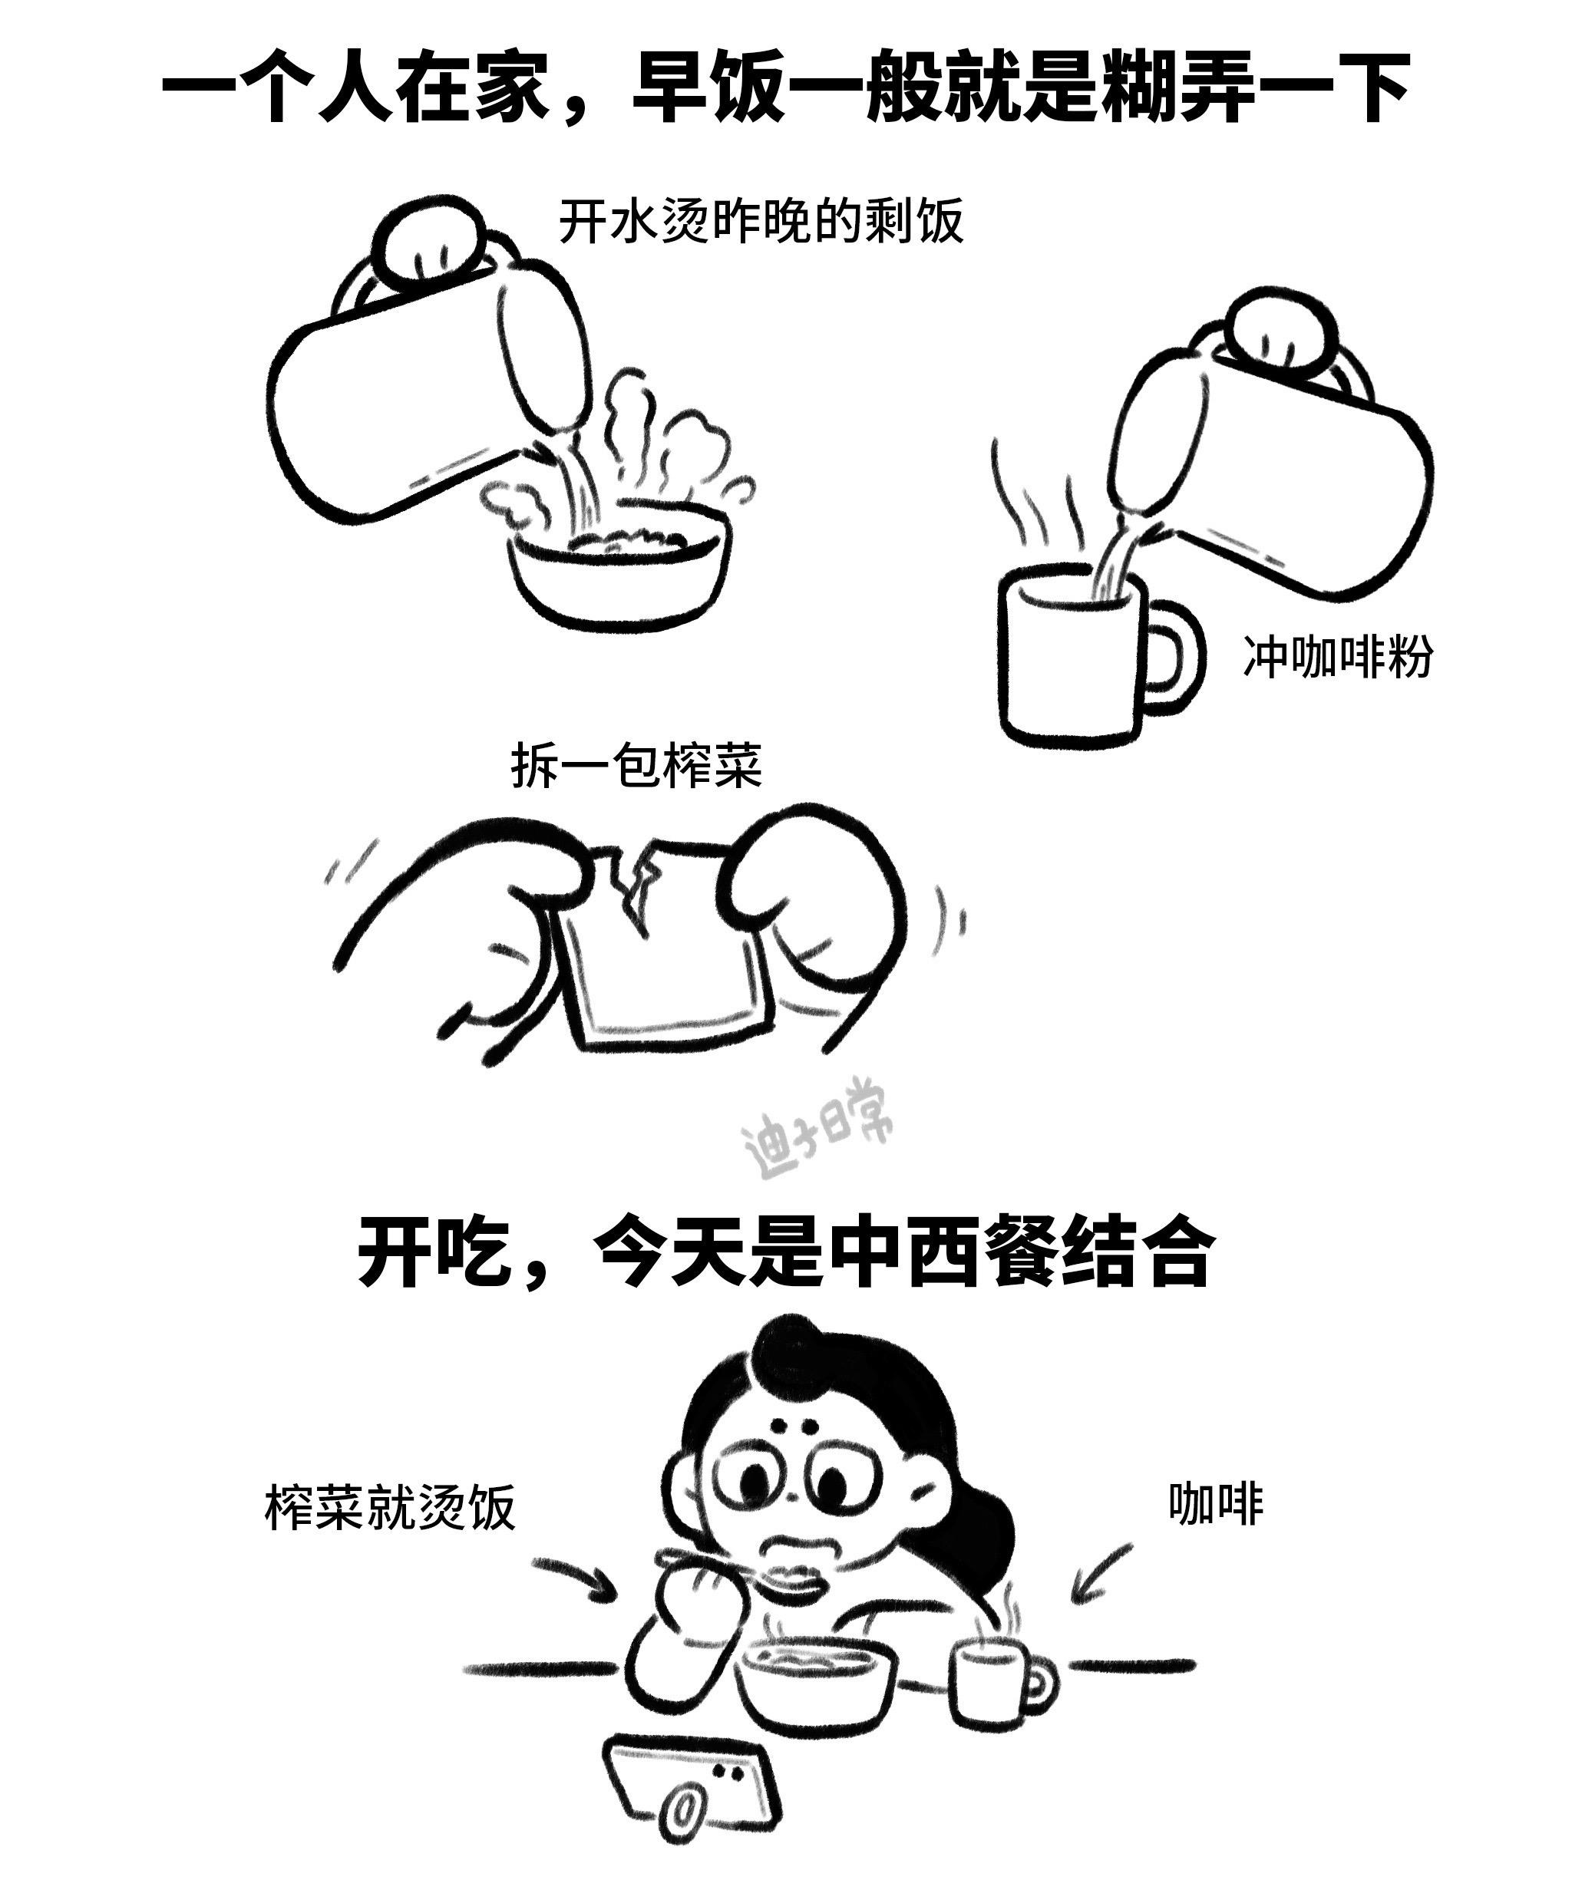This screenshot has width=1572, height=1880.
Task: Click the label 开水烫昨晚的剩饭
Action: (761, 221)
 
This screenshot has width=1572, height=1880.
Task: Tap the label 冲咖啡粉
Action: (1337, 655)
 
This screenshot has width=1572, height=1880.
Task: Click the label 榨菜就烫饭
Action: (390, 1507)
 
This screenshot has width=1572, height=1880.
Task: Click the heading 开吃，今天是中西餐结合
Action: (785, 1252)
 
